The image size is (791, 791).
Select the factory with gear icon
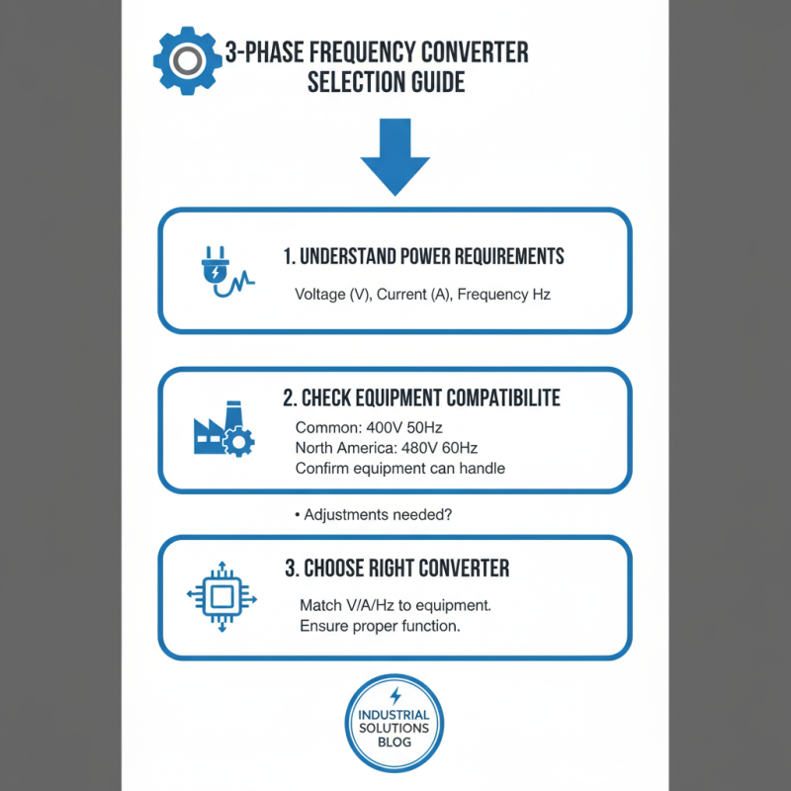tap(222, 431)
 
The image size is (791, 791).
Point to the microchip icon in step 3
tap(221, 597)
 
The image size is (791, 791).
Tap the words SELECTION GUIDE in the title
tap(386, 83)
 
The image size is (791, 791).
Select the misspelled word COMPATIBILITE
tap(494, 397)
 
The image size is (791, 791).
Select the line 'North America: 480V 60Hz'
tap(387, 448)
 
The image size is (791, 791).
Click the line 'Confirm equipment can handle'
tap(399, 468)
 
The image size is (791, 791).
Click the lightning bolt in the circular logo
tap(395, 695)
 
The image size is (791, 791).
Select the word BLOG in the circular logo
tap(395, 743)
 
